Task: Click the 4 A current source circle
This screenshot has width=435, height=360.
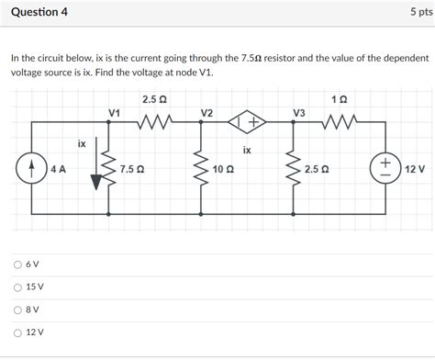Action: pos(33,169)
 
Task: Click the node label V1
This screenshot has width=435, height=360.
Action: pos(115,112)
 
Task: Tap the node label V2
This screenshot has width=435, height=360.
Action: pos(206,112)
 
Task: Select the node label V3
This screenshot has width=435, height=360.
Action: pos(299,112)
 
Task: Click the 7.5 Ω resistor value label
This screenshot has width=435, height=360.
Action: pos(132,170)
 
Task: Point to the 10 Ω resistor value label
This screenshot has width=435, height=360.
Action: pos(223,170)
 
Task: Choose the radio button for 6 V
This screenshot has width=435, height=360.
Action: pos(17,264)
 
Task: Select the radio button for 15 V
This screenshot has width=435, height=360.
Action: pos(17,287)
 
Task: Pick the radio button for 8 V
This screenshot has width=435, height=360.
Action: pos(17,309)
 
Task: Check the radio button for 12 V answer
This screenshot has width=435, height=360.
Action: pos(17,332)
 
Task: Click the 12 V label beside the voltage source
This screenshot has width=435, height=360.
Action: pos(415,170)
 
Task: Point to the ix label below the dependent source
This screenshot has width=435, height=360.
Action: pos(247,149)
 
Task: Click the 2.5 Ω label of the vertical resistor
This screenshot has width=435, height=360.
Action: pos(318,170)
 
